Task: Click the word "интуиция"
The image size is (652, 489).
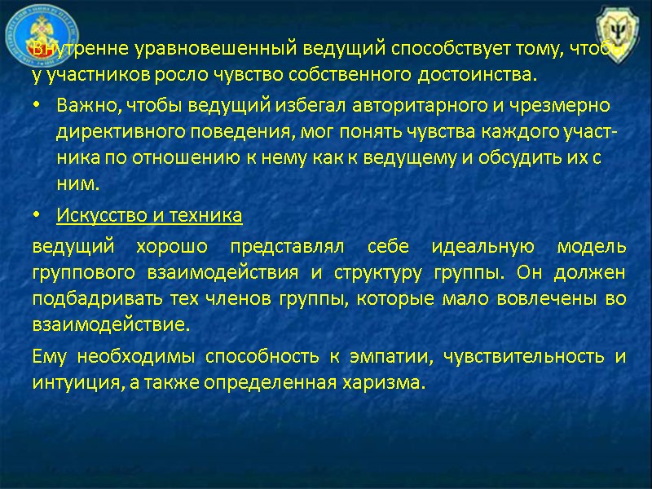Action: point(69,383)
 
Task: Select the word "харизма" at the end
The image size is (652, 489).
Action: point(390,383)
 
